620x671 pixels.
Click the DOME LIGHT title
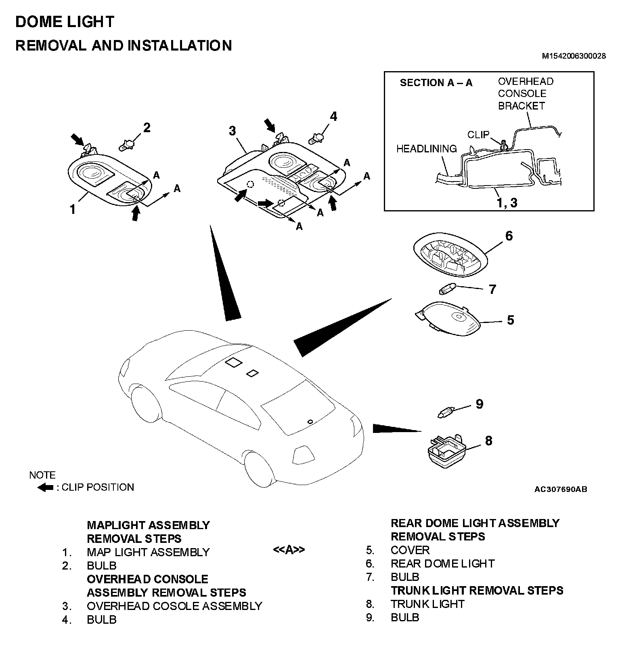[x=65, y=22]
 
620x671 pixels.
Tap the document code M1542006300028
[x=574, y=56]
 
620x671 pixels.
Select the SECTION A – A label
[x=436, y=83]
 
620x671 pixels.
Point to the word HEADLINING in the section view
[x=426, y=149]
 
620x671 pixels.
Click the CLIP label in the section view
[x=478, y=135]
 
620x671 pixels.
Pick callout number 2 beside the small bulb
[x=147, y=128]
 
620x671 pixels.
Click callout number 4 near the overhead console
[x=333, y=116]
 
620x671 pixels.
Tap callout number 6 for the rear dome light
[x=509, y=236]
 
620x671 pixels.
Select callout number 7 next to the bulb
[x=492, y=289]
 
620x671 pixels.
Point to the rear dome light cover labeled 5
[x=448, y=319]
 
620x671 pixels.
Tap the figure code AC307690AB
[x=561, y=490]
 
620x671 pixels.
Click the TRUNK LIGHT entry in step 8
[x=427, y=604]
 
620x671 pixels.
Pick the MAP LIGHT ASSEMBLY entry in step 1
[x=148, y=552]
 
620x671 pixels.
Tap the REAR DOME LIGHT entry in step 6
[x=442, y=563]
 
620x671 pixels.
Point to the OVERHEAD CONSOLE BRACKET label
[x=525, y=93]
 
